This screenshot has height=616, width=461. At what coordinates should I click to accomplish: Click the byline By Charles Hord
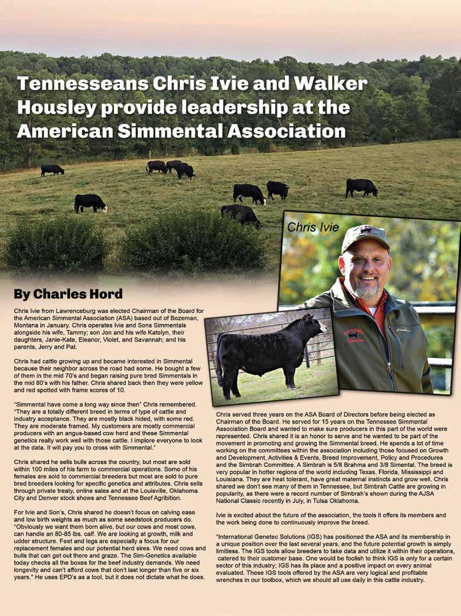coord(68,294)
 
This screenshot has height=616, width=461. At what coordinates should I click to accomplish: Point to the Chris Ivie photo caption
coord(313,227)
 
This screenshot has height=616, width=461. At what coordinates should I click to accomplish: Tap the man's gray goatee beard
coord(367,290)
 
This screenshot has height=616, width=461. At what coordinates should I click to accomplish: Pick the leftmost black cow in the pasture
coord(52,169)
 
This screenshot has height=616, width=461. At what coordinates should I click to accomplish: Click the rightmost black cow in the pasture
coord(362,187)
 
